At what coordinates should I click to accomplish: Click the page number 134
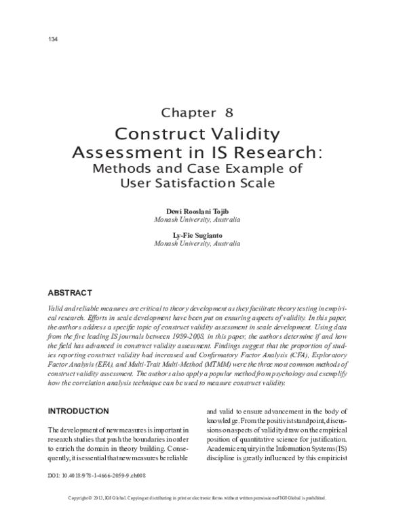pyautogui.click(x=50, y=39)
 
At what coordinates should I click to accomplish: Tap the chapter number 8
pyautogui.click(x=229, y=113)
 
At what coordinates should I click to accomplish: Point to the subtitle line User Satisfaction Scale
pyautogui.click(x=203, y=183)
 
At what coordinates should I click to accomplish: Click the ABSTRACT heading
pyautogui.click(x=69, y=293)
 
